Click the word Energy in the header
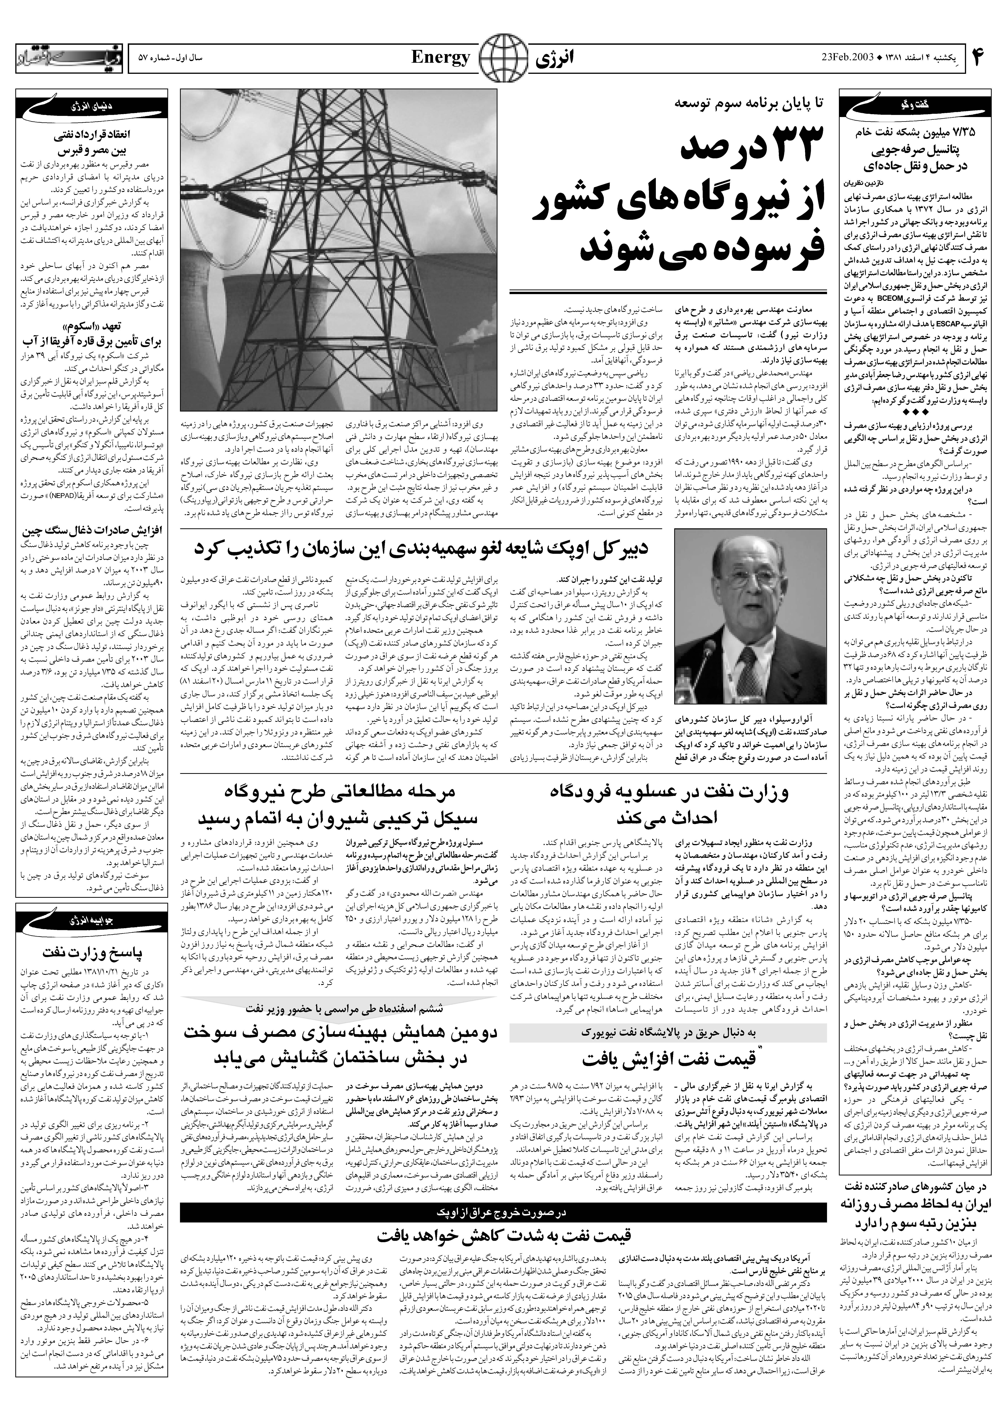(441, 59)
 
